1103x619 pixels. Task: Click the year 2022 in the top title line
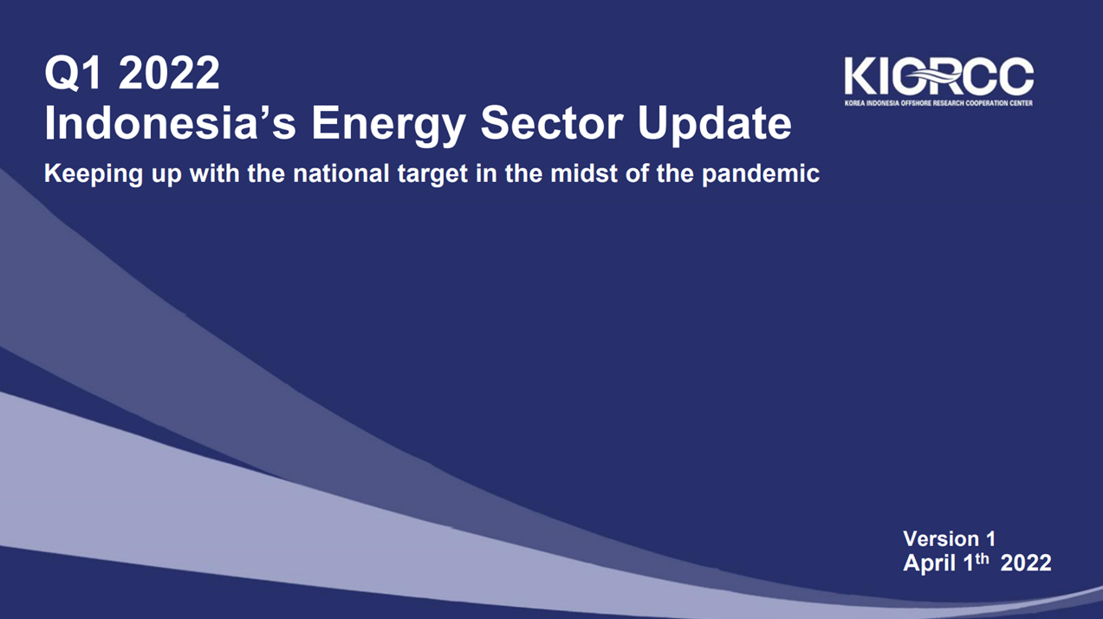[x=169, y=73]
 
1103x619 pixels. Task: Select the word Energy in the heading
[x=388, y=127]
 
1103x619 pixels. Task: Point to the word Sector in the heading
[x=552, y=123]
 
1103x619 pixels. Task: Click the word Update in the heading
[x=715, y=127]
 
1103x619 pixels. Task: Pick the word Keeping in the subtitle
[x=94, y=174]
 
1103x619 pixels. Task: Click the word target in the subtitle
[x=432, y=174]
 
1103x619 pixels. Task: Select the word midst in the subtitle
[x=583, y=173]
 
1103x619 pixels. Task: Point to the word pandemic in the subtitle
[x=760, y=174]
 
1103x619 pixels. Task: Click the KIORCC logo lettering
[x=939, y=76]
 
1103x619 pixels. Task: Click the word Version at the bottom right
[x=941, y=538]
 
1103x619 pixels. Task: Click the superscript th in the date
[x=982, y=558]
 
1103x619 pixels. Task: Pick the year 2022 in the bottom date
[x=1026, y=563]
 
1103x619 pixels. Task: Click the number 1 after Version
[x=990, y=538]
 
